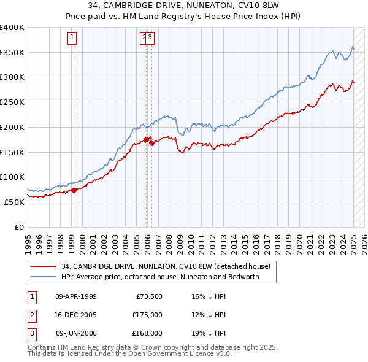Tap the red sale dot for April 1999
[x=74, y=190]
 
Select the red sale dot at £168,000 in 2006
[x=151, y=144]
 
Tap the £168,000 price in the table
[x=148, y=333]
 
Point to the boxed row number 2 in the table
[x=31, y=315]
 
